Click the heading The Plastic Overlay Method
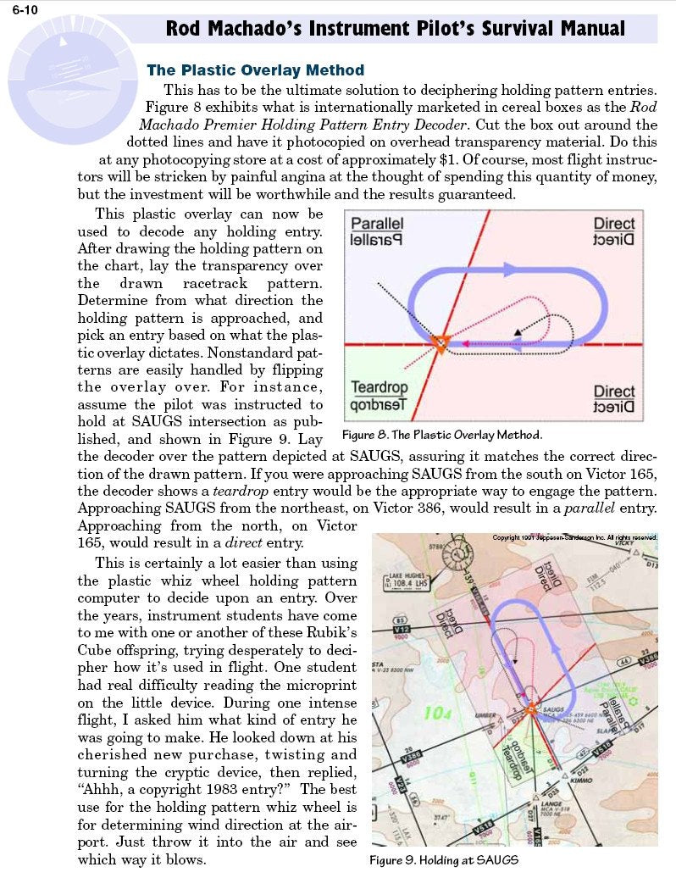(x=255, y=70)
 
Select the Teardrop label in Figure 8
(x=380, y=389)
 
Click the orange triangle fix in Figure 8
(x=439, y=342)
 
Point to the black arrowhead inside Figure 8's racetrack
(x=518, y=328)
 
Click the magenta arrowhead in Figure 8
(x=464, y=343)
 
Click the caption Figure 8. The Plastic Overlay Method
(x=441, y=436)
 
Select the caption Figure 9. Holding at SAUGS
(x=444, y=860)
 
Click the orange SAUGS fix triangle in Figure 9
(x=531, y=707)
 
